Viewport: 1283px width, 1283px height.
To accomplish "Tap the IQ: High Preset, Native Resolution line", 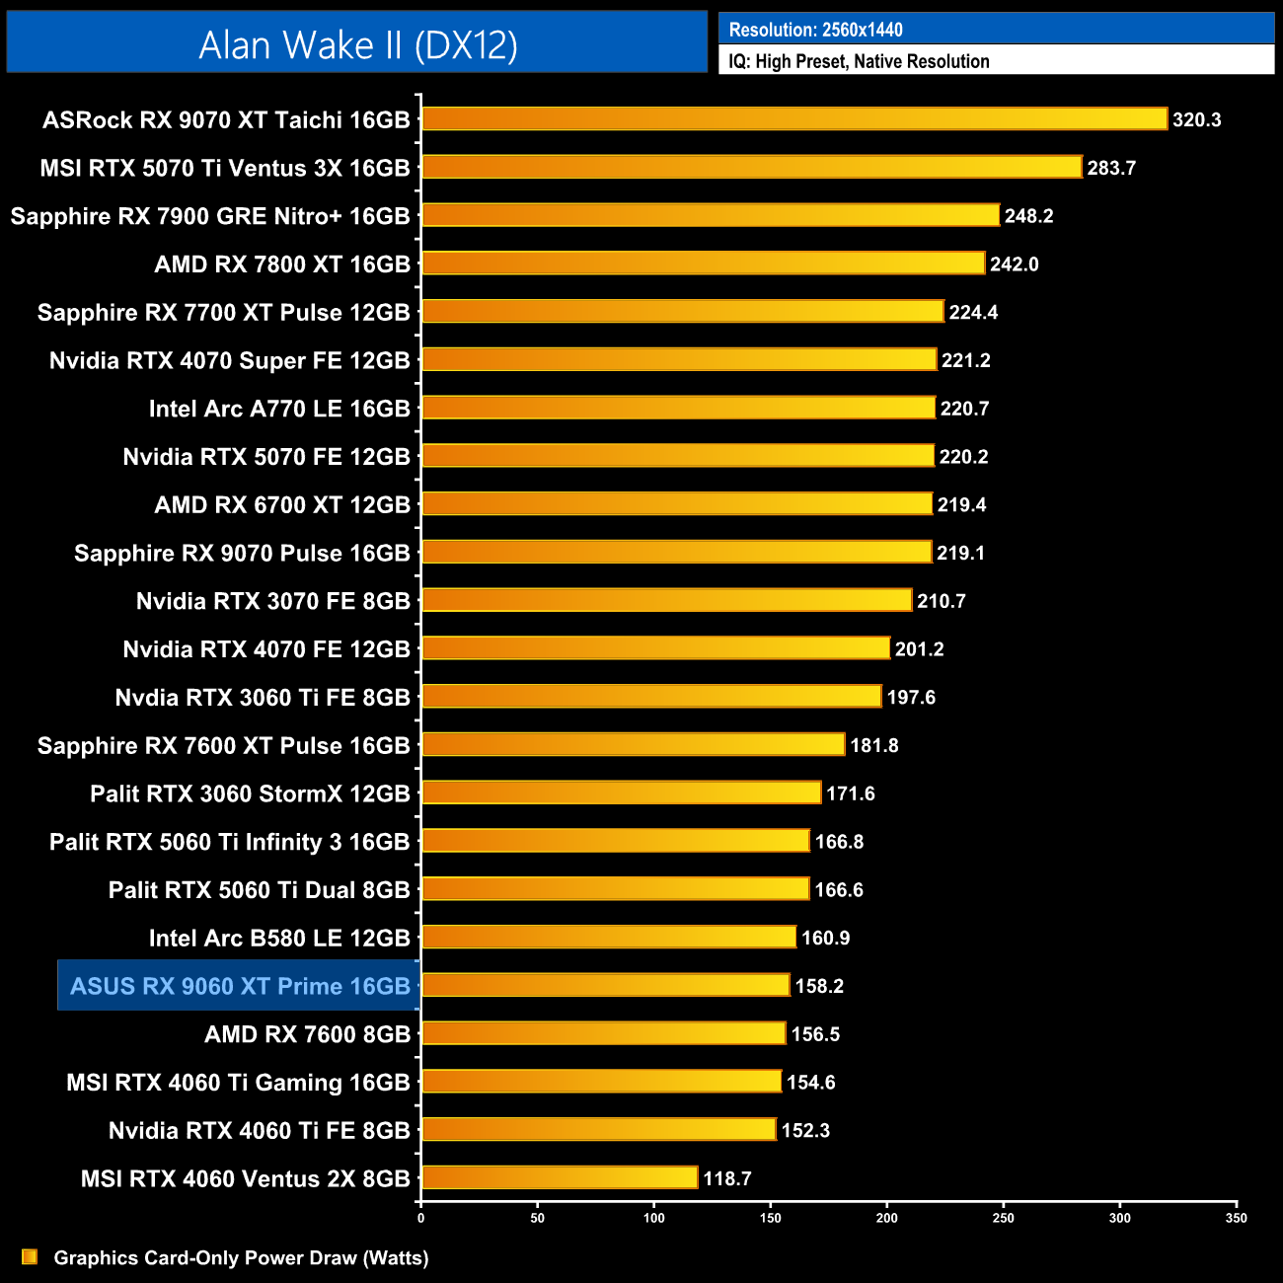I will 859,61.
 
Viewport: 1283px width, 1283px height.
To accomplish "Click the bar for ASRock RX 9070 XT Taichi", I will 794,119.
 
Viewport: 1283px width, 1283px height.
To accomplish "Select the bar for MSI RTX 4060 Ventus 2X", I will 560,1178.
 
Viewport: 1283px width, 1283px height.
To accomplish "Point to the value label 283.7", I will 1111,168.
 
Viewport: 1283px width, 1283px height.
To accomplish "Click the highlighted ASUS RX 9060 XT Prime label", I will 240,986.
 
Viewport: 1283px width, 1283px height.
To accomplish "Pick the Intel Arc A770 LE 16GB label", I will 279,409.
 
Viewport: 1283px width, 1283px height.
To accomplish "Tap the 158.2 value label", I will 819,986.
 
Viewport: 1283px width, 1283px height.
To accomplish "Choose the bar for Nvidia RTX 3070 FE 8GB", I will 666,600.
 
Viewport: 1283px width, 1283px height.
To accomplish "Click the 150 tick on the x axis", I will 771,1218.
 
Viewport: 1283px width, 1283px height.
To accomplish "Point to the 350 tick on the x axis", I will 1237,1218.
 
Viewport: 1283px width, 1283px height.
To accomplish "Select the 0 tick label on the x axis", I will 421,1218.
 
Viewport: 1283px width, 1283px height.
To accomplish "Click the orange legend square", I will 30,1257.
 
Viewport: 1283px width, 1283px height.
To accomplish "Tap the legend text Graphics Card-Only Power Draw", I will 241,1258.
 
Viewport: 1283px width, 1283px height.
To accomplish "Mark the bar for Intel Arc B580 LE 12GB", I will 609,938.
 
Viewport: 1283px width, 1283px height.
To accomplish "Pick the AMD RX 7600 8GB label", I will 307,1034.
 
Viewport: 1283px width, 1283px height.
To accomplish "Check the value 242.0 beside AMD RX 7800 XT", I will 1014,264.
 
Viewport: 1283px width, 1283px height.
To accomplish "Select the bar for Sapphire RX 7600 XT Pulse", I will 633,745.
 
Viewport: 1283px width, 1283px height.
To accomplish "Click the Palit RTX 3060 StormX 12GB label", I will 250,793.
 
